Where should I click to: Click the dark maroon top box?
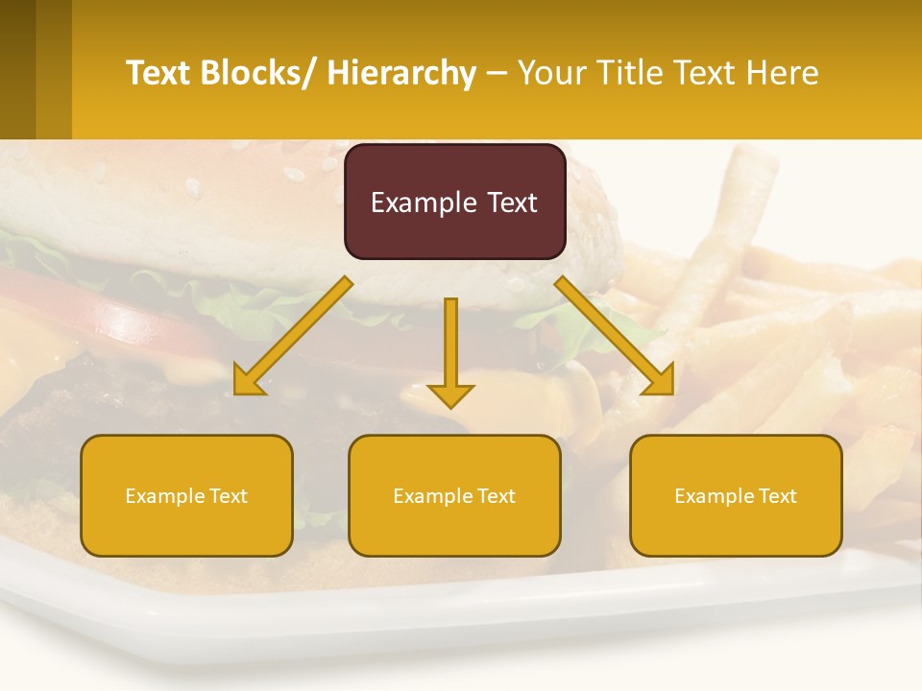pos(454,202)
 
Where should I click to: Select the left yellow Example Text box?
pos(186,495)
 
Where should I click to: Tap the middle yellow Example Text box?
pos(454,495)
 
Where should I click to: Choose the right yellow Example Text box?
pos(736,495)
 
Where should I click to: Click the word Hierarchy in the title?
pos(401,73)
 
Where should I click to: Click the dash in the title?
pos(497,74)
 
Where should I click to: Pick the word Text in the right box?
pos(776,496)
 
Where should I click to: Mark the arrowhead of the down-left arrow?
pos(249,381)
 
